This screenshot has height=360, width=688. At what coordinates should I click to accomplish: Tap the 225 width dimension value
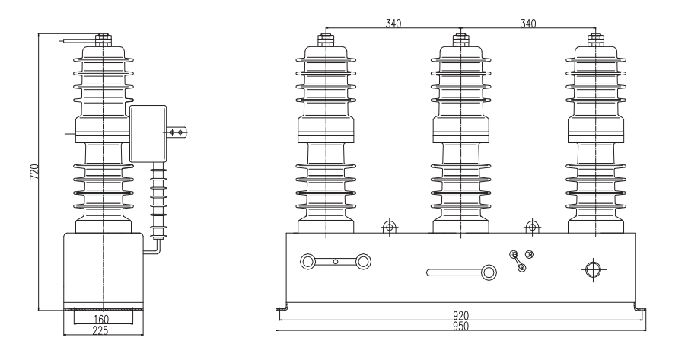coord(100,331)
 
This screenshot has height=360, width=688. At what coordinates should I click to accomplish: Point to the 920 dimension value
coord(460,315)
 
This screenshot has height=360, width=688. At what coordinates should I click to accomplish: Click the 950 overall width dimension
coord(460,327)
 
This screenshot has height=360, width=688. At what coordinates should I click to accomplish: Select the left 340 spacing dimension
coord(393,24)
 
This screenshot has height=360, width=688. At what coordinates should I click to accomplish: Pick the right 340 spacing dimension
coord(527,24)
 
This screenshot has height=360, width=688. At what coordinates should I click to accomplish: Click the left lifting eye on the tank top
coord(389,226)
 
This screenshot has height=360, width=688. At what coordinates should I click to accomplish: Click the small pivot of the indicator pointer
coord(521,268)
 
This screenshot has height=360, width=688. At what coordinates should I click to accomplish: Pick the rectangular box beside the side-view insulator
coord(152,133)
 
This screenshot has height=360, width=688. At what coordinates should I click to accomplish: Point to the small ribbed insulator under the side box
coord(158,199)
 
